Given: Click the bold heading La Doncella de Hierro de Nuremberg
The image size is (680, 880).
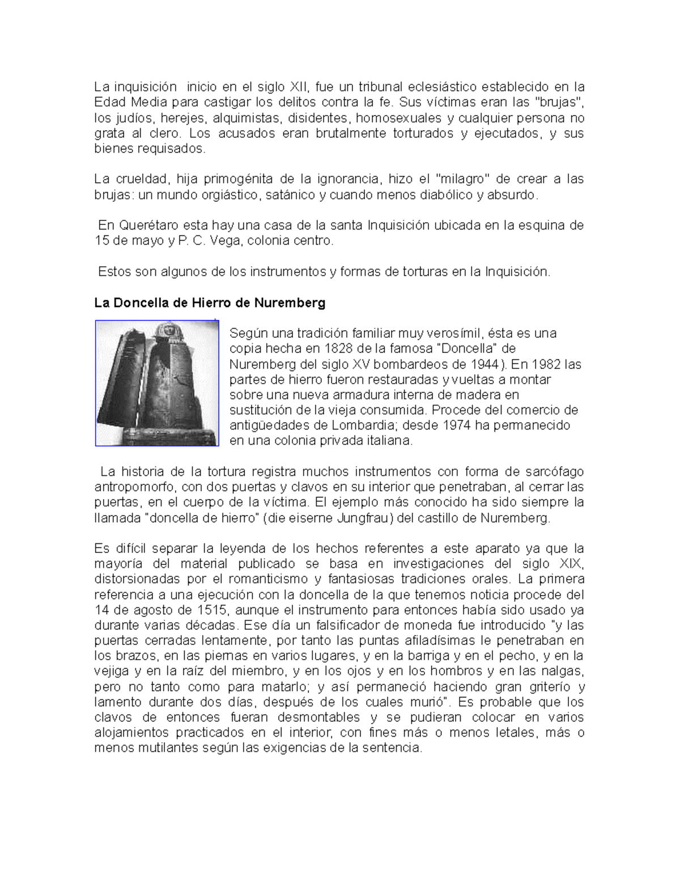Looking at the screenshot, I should pyautogui.click(x=210, y=303).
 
